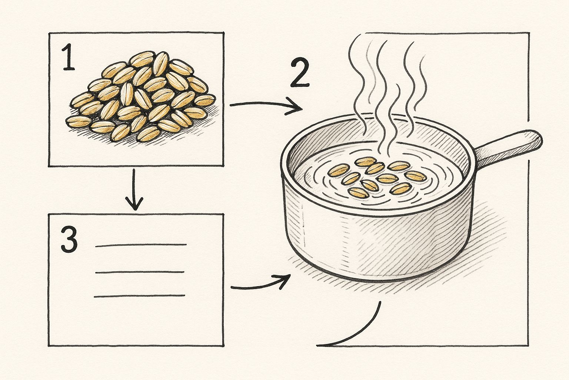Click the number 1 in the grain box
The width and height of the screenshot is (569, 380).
[68, 57]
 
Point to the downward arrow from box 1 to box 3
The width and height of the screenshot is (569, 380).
[134, 190]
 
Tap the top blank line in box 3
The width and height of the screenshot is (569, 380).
[141, 245]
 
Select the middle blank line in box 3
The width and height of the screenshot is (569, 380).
[140, 272]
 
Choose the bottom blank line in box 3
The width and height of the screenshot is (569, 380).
[139, 296]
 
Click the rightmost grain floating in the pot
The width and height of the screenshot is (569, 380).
[415, 176]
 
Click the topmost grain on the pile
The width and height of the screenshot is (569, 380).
[143, 59]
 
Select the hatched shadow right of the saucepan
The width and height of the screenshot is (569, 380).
[483, 242]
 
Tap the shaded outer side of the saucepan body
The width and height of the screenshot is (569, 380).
[376, 242]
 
